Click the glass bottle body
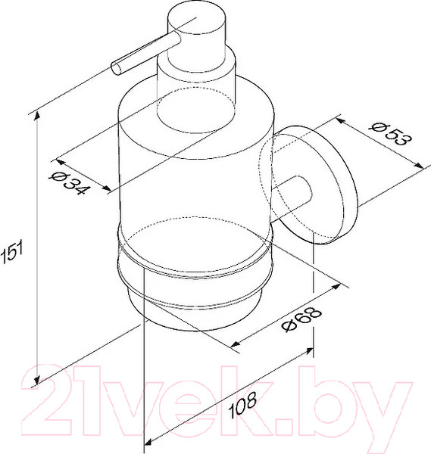pyautogui.click(x=194, y=174)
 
